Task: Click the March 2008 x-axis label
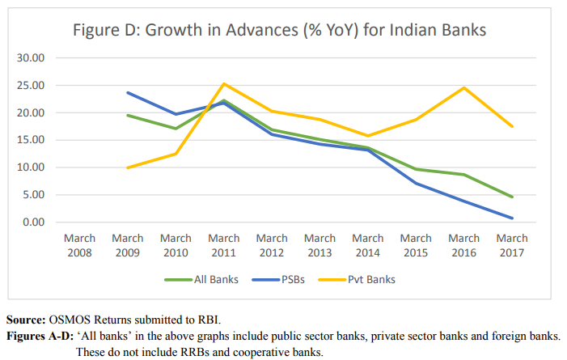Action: [x=79, y=245]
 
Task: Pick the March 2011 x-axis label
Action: [x=224, y=245]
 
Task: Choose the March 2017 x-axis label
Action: [x=512, y=245]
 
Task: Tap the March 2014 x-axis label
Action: [x=368, y=245]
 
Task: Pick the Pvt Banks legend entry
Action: [x=365, y=280]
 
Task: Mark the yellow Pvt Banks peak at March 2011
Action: [x=224, y=83]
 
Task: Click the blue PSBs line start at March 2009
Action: [x=128, y=92]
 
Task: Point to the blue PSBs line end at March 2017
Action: [x=512, y=218]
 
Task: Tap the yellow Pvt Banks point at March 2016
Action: [x=464, y=87]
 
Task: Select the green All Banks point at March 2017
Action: [x=512, y=197]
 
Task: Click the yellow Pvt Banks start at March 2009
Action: [x=128, y=167]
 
